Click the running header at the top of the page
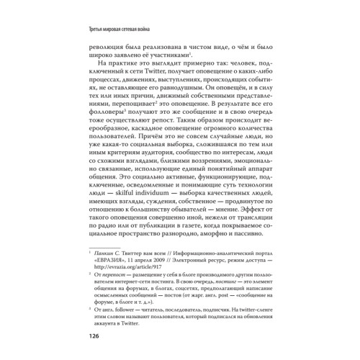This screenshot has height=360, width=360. pyautogui.click(x=122, y=29)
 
